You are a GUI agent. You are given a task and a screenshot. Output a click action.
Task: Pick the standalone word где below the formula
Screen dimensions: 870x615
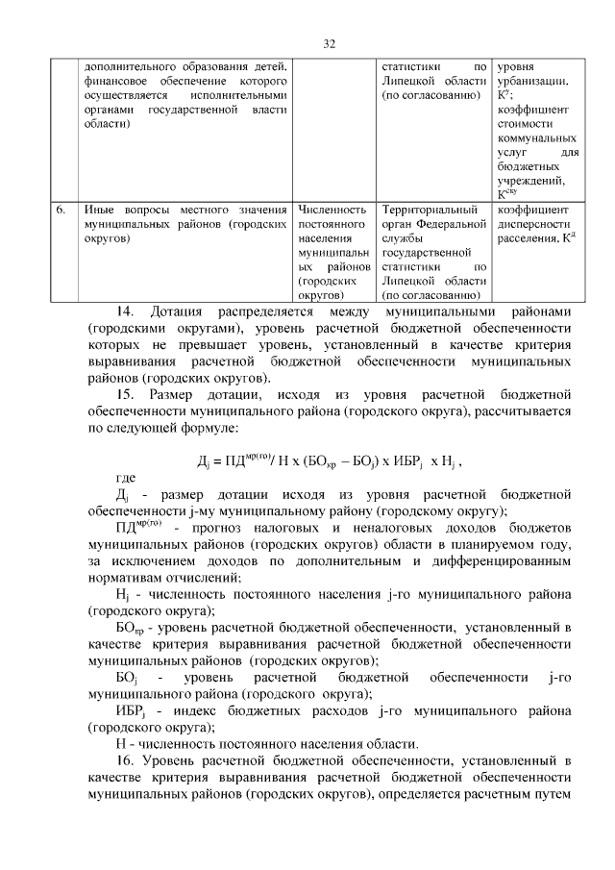pyautogui.click(x=126, y=478)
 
